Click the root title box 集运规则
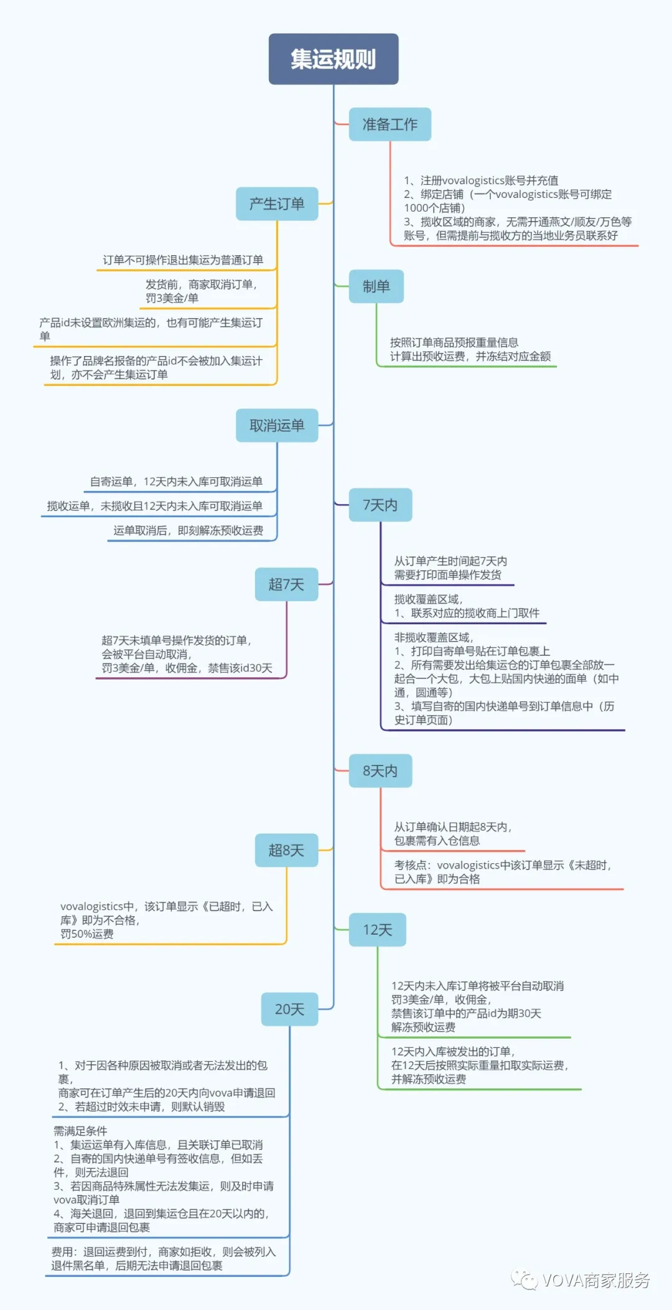coord(334,59)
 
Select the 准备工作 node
coord(390,124)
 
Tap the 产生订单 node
coord(277,204)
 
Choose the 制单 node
coord(376,286)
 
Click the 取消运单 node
coord(277,426)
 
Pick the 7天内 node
coord(380,505)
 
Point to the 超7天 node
coord(286,584)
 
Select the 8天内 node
coord(380,771)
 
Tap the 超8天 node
coord(286,850)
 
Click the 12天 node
coord(378,930)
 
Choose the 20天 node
coord(289,1009)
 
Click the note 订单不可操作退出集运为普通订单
coord(183,260)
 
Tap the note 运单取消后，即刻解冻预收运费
coord(188,531)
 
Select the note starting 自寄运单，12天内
coord(176,482)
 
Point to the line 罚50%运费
coord(87,934)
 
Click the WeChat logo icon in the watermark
coord(525,1280)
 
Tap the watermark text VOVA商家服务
coord(596,1280)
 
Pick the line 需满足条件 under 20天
coord(80,1131)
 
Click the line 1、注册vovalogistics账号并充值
coord(481,180)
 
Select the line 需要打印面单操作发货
coord(447,575)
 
